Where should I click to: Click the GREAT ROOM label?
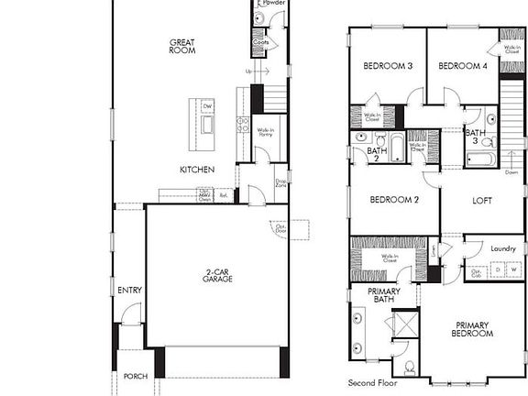pyautogui.click(x=182, y=46)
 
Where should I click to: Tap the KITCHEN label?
pyautogui.click(x=197, y=170)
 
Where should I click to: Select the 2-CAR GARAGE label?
pyautogui.click(x=217, y=275)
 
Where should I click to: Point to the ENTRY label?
pyautogui.click(x=129, y=291)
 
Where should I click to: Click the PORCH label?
pyautogui.click(x=135, y=377)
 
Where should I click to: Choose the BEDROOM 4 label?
pyautogui.click(x=461, y=66)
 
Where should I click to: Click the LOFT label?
pyautogui.click(x=482, y=201)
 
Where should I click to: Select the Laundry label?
pyautogui.click(x=503, y=247)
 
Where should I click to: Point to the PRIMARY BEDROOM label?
pyautogui.click(x=472, y=330)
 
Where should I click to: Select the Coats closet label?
pyautogui.click(x=260, y=42)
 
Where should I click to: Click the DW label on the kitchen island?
pyautogui.click(x=207, y=106)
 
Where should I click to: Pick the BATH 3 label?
pyautogui.click(x=475, y=137)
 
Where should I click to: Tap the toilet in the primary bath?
pyautogui.click(x=410, y=367)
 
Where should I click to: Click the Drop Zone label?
pyautogui.click(x=280, y=183)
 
